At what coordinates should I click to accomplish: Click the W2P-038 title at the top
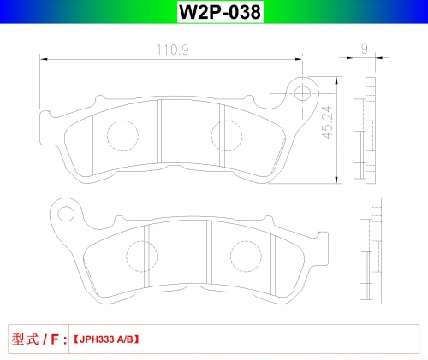(x=220, y=12)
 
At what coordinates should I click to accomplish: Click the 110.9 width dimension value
(x=172, y=50)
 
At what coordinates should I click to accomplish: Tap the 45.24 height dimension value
(x=327, y=122)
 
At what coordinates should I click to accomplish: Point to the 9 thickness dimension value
(x=365, y=49)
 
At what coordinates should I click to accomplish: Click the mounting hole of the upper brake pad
(x=302, y=93)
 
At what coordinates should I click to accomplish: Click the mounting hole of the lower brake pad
(x=66, y=214)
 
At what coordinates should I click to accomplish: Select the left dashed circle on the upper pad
(x=122, y=136)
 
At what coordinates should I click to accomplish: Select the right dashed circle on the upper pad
(x=227, y=136)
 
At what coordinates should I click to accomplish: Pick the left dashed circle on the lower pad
(x=141, y=257)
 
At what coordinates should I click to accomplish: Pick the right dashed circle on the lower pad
(x=246, y=257)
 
